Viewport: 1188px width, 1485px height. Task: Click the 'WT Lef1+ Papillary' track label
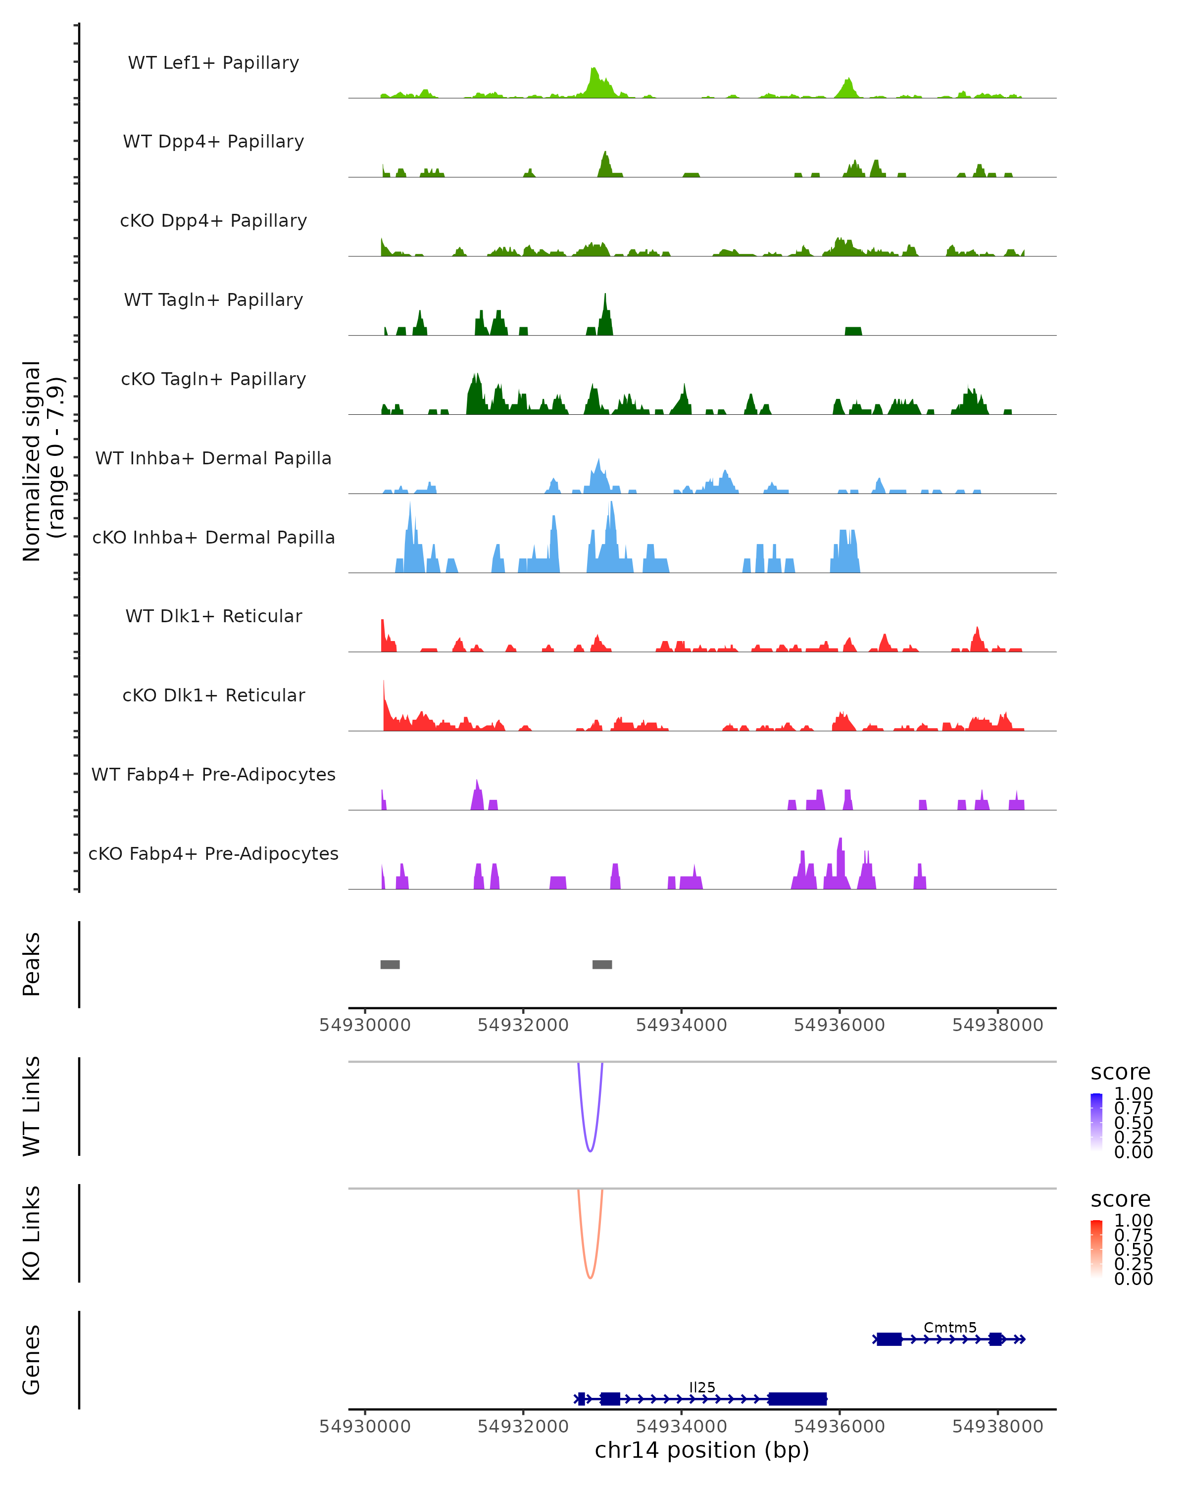(213, 63)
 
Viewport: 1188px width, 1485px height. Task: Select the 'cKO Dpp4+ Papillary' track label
(213, 220)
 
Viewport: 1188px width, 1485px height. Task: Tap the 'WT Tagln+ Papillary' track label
(213, 299)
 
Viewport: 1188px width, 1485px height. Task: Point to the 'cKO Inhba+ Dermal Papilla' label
(213, 537)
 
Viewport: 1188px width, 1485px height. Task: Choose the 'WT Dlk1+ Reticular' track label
(213, 616)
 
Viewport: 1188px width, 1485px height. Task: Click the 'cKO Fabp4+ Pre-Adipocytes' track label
(213, 853)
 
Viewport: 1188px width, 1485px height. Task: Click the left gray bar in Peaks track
(390, 964)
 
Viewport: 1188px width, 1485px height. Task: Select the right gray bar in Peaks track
(602, 964)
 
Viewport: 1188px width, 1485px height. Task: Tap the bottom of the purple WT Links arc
(590, 1151)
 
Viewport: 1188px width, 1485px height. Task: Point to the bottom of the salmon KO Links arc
(590, 1278)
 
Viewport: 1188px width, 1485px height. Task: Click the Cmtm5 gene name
(950, 1327)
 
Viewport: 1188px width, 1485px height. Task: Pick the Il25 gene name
(702, 1387)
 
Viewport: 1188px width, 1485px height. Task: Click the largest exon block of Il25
(797, 1399)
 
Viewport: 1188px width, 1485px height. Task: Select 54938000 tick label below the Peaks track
(997, 1025)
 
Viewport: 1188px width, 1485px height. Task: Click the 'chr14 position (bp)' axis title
(702, 1450)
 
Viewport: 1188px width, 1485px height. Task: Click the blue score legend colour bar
(1096, 1122)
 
